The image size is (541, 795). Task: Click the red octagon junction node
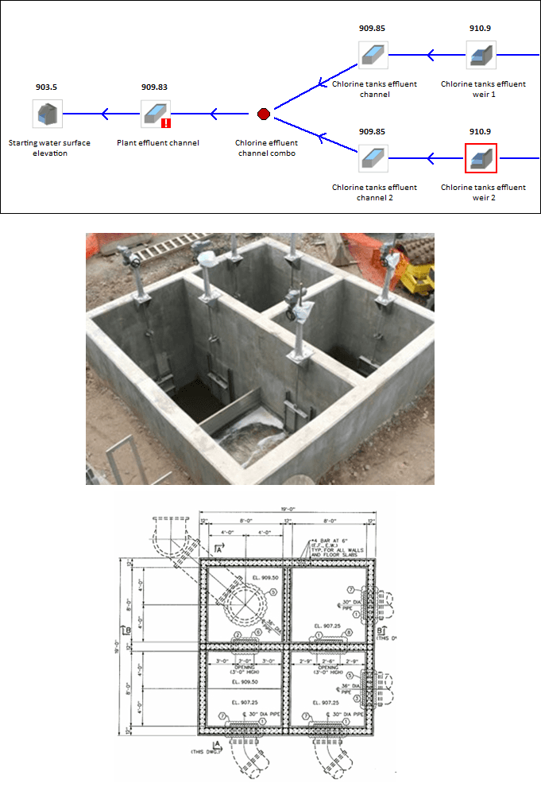(265, 114)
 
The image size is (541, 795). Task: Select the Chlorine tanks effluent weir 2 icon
(481, 157)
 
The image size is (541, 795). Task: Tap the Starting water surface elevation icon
(46, 114)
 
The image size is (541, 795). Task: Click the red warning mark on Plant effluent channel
(166, 122)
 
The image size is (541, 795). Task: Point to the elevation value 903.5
(46, 86)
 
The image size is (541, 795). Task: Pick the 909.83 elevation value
(154, 86)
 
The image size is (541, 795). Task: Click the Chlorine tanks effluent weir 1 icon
(481, 55)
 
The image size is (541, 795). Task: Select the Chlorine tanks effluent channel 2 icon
(373, 157)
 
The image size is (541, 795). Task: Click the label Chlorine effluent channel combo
(265, 148)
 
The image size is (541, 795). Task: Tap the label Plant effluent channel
(165, 143)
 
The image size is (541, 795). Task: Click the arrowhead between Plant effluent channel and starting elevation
(105, 114)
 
